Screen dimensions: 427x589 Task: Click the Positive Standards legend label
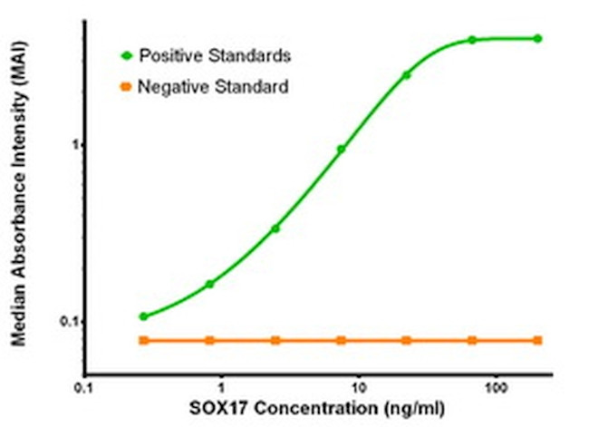214,55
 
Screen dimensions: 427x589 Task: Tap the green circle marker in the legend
126,55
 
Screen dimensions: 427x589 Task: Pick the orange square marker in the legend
126,87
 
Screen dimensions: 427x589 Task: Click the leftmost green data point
143,316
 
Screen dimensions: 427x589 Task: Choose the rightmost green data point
537,38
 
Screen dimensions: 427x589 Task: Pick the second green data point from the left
210,284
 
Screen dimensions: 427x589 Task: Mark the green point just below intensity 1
341,149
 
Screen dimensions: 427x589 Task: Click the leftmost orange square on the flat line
143,340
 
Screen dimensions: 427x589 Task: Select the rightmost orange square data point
537,340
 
